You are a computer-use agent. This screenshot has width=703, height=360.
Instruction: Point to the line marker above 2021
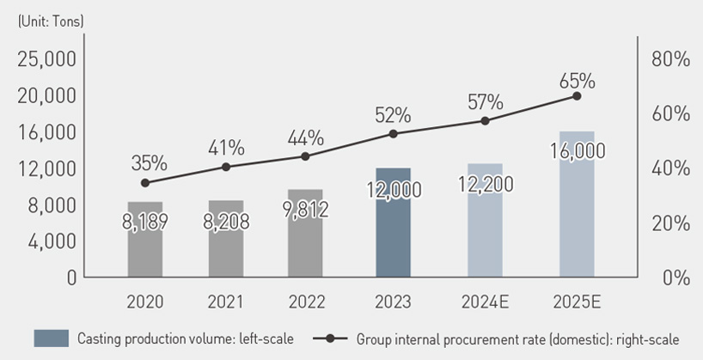(226, 167)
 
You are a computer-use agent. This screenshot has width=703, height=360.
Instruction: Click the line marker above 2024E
(485, 120)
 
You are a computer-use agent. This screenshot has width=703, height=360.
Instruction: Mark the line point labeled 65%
(577, 95)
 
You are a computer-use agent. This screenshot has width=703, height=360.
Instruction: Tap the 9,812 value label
(305, 209)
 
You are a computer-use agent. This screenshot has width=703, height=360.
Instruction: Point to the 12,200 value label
(485, 183)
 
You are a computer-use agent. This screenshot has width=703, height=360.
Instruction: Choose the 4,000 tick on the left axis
(52, 241)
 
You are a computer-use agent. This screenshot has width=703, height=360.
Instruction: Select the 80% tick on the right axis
(671, 59)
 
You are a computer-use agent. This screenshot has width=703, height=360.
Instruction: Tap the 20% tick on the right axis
(671, 223)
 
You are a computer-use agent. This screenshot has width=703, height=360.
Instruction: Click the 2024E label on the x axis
(485, 302)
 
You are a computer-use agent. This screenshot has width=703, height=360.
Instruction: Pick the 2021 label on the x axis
(226, 302)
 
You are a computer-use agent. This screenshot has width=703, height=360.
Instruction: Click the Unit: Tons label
(50, 21)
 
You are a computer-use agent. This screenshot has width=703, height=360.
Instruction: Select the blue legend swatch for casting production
(51, 339)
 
